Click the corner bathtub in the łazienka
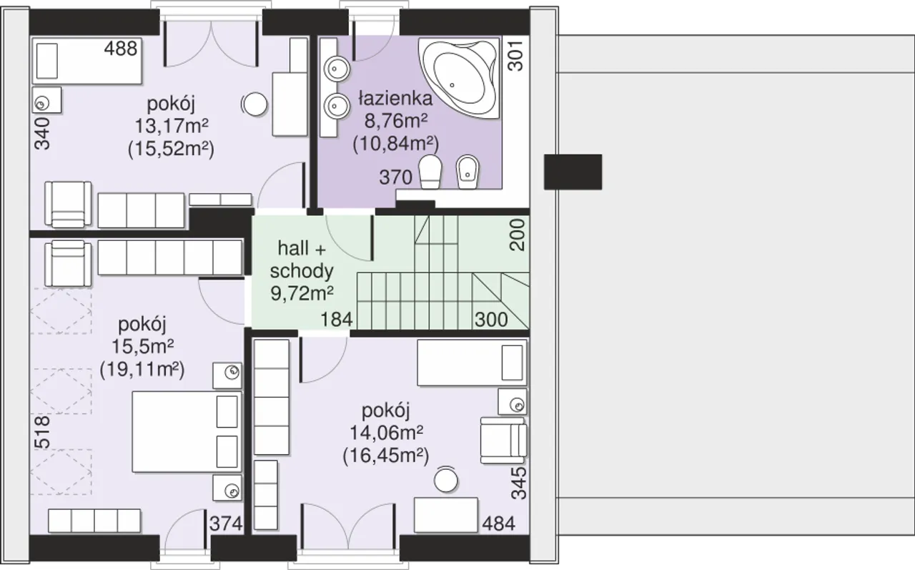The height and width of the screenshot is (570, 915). [x=459, y=78]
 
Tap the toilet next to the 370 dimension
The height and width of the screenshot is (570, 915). [x=430, y=172]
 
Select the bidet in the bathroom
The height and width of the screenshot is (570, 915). [x=468, y=172]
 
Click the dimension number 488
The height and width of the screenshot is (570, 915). [x=121, y=49]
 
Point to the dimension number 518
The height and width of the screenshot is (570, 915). [x=42, y=432]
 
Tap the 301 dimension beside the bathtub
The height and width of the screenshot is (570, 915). [x=516, y=56]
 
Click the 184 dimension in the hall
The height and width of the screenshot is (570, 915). [x=336, y=319]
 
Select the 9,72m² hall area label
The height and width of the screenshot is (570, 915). [x=302, y=293]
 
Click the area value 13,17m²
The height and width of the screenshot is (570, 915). [x=172, y=126]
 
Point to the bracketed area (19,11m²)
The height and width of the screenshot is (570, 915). [x=142, y=369]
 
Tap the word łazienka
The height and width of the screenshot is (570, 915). [x=395, y=99]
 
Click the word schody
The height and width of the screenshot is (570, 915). [x=302, y=271]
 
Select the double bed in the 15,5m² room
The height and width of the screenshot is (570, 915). [x=187, y=432]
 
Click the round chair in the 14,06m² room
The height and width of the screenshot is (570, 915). [x=445, y=480]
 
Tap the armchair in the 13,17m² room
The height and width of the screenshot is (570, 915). [x=68, y=205]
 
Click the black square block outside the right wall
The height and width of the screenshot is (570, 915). [x=573, y=172]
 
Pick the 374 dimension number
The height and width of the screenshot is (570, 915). [x=226, y=524]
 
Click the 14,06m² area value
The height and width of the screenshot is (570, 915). [x=387, y=433]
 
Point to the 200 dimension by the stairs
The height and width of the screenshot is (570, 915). [x=517, y=235]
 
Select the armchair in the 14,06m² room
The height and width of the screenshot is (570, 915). [x=504, y=441]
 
